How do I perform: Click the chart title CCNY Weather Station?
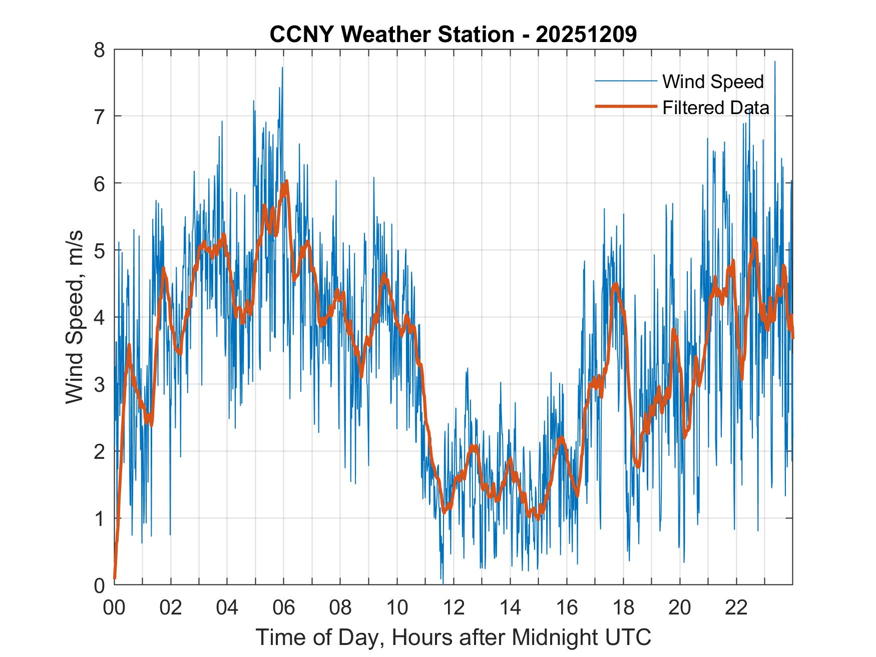click(x=391, y=35)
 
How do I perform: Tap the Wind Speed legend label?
click(x=713, y=82)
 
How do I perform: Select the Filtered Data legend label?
click(x=715, y=108)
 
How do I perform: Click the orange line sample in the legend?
click(x=626, y=107)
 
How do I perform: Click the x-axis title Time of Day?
click(x=453, y=637)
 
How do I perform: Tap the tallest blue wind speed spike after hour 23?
click(x=775, y=62)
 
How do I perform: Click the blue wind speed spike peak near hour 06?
click(x=282, y=68)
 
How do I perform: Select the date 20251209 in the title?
click(x=586, y=35)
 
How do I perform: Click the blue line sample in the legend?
click(x=626, y=81)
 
